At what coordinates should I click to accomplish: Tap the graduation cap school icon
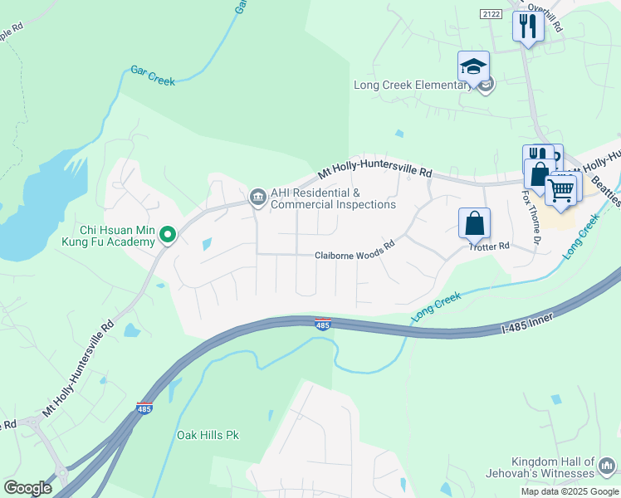pyautogui.click(x=473, y=66)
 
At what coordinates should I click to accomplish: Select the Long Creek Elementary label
pyautogui.click(x=412, y=85)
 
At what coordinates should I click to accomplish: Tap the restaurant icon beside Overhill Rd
pyautogui.click(x=527, y=26)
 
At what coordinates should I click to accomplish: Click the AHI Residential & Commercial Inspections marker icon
pyautogui.click(x=257, y=197)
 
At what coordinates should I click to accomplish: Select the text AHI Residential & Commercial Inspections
pyautogui.click(x=333, y=198)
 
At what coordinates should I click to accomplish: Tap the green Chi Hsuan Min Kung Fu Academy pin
pyautogui.click(x=168, y=236)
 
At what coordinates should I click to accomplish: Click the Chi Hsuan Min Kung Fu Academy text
pyautogui.click(x=117, y=236)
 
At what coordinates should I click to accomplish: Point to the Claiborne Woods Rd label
pyautogui.click(x=353, y=256)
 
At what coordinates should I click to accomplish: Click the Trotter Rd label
pyautogui.click(x=488, y=247)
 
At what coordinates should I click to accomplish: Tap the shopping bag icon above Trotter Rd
pyautogui.click(x=474, y=222)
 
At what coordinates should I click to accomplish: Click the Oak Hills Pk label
pyautogui.click(x=208, y=435)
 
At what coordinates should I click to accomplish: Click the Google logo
pyautogui.click(x=27, y=487)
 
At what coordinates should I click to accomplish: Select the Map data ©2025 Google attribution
pyautogui.click(x=569, y=491)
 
